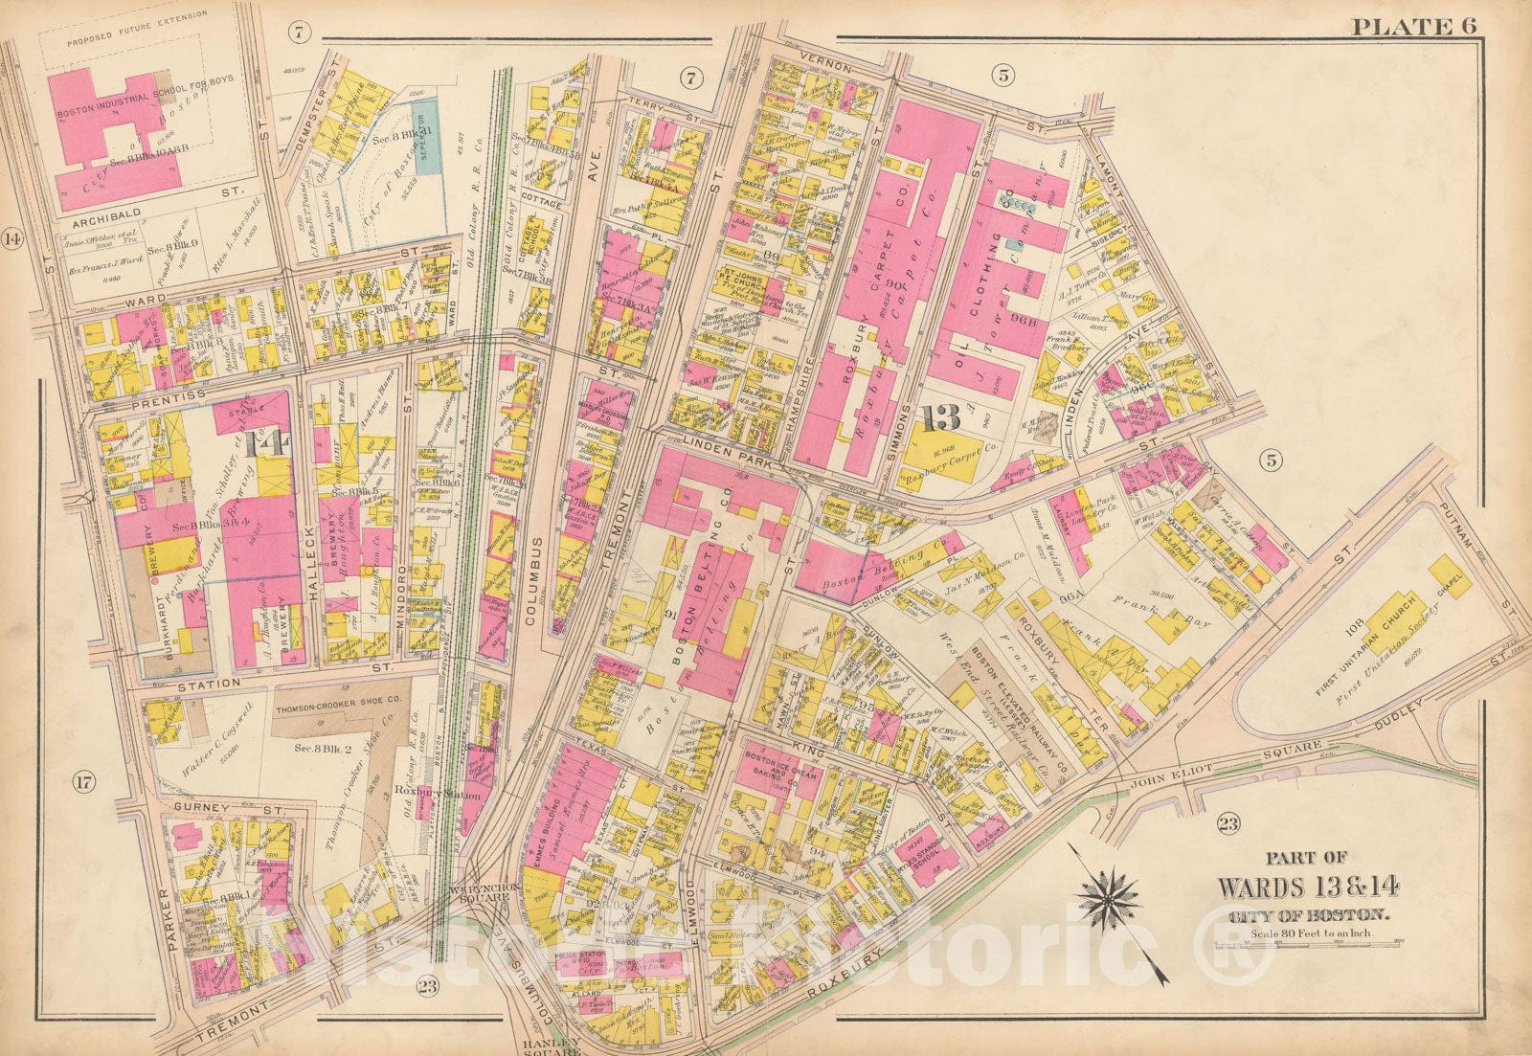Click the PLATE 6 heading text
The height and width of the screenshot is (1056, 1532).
1416,26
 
